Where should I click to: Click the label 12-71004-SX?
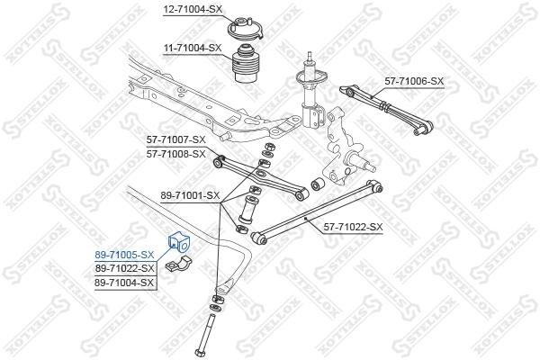tap(192, 9)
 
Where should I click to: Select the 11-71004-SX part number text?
tap(192, 47)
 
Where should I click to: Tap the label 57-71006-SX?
tap(415, 81)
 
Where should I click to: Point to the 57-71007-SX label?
tap(176, 139)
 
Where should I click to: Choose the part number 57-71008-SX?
tap(176, 153)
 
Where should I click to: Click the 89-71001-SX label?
tap(190, 194)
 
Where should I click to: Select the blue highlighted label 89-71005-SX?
tap(126, 256)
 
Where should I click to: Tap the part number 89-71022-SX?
tap(126, 268)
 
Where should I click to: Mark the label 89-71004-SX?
tap(126, 283)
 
